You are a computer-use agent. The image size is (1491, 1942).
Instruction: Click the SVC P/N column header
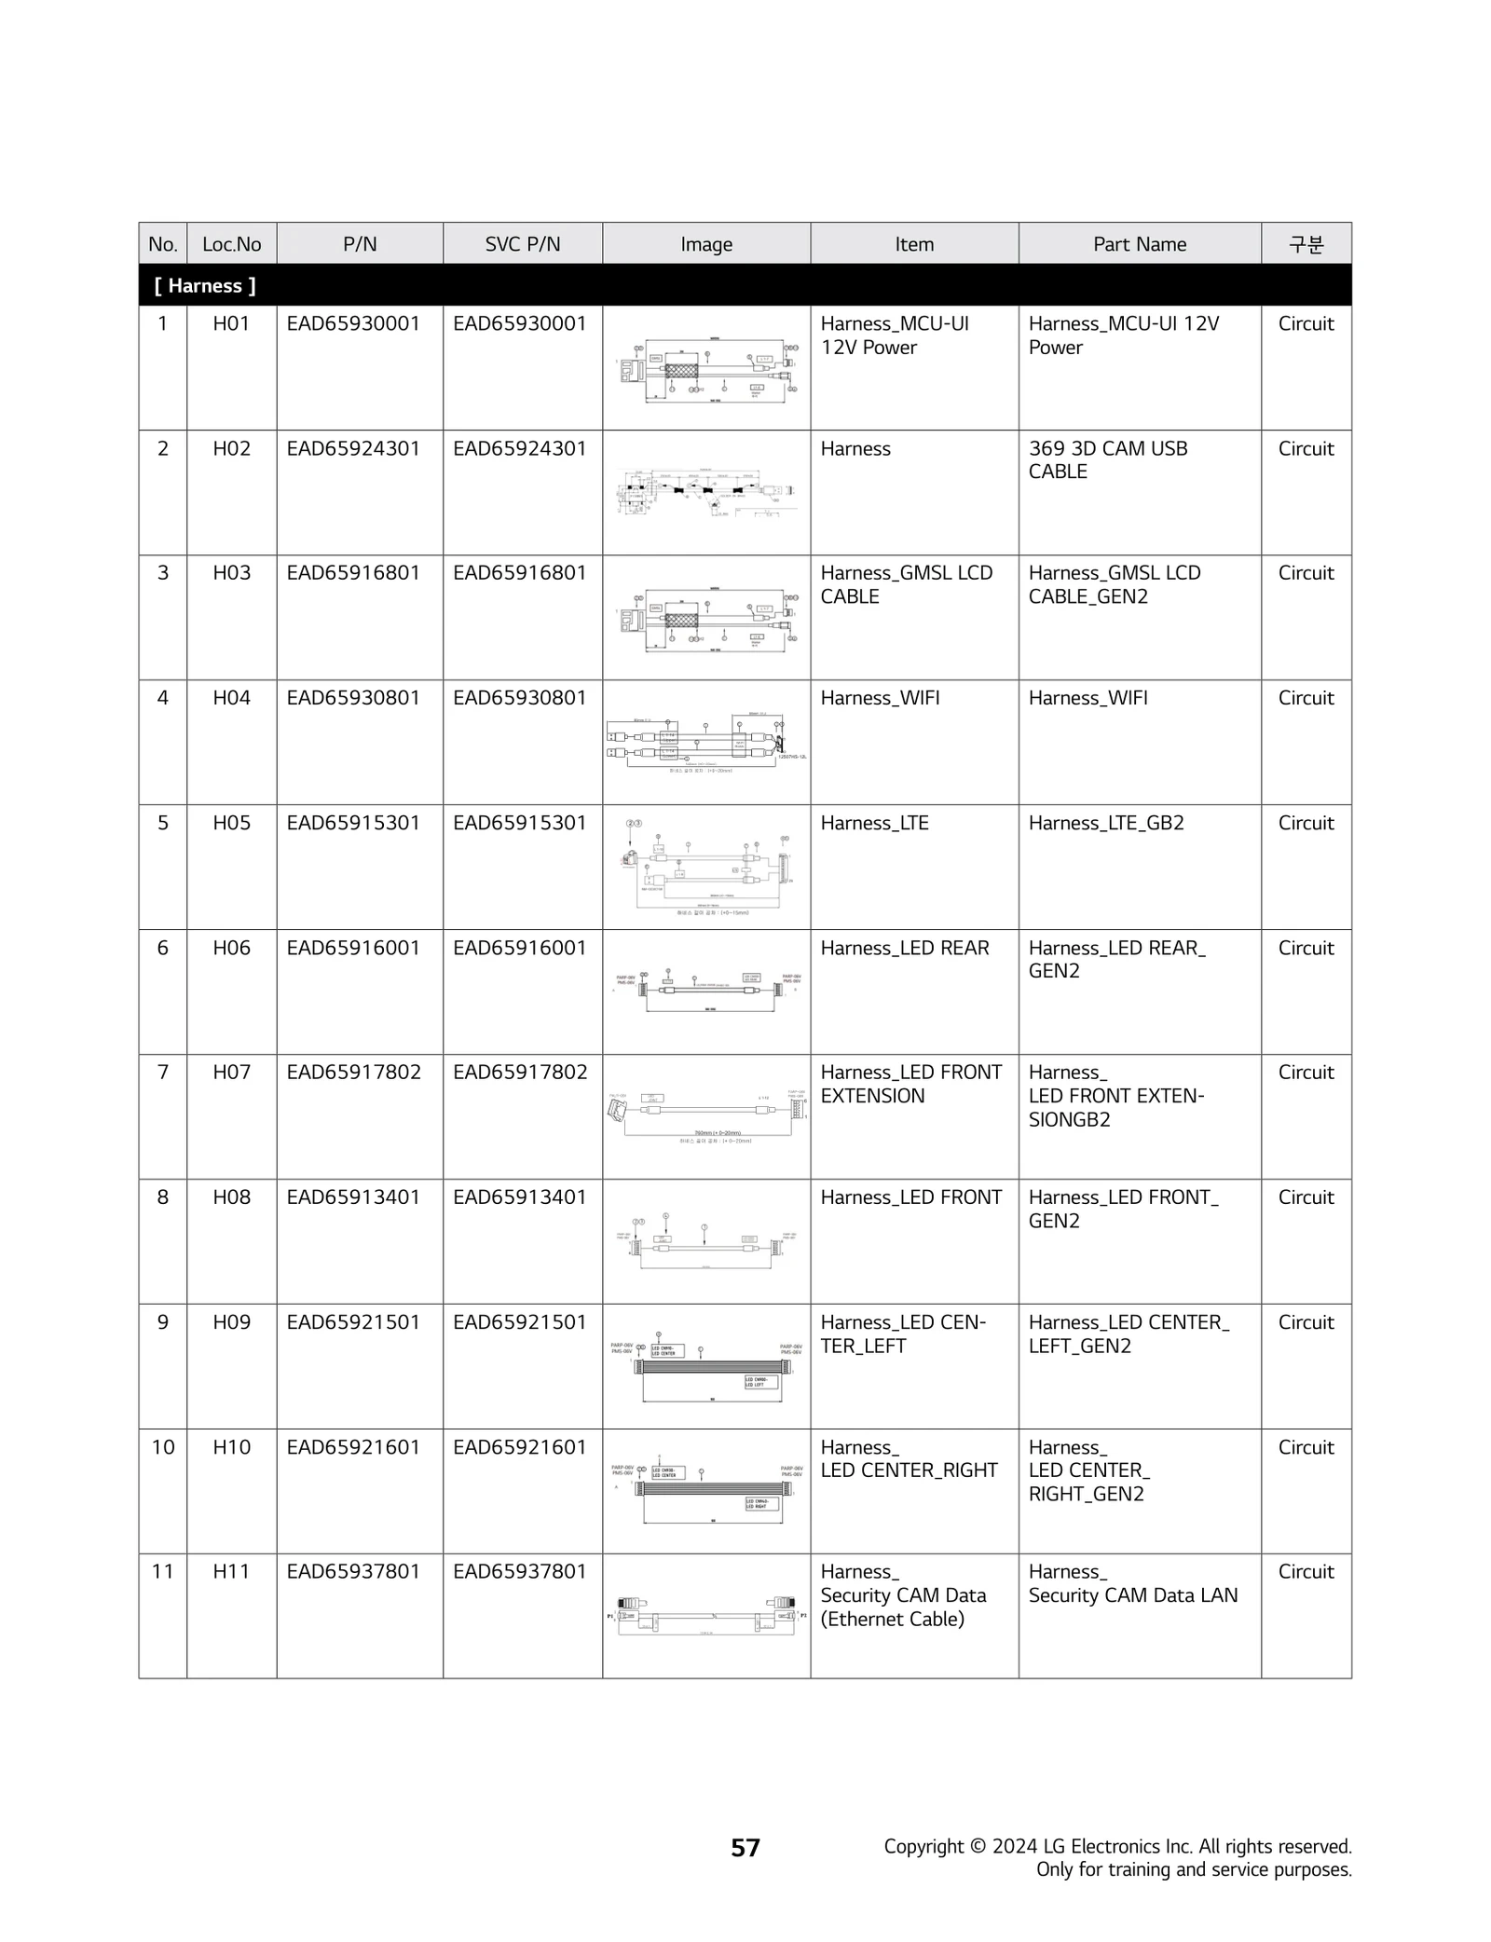(522, 244)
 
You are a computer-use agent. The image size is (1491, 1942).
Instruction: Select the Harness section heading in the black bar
(205, 286)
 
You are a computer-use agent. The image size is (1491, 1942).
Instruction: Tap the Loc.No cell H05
(231, 823)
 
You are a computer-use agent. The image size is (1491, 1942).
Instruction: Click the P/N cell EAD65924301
(353, 448)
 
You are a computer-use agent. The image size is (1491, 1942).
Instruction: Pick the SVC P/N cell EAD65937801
(519, 1571)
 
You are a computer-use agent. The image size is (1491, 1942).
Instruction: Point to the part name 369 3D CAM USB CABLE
(1107, 459)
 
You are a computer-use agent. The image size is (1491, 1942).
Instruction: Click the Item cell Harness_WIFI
(879, 698)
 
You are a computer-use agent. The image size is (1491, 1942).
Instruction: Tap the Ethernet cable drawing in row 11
(705, 1615)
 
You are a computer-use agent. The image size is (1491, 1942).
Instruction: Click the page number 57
(745, 1847)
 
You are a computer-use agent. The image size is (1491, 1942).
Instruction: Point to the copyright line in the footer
(1116, 1846)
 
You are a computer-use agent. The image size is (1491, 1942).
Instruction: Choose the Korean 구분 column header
(1305, 244)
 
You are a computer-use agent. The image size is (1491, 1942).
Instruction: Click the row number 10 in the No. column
(163, 1447)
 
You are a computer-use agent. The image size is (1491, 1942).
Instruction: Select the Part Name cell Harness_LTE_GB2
(1105, 823)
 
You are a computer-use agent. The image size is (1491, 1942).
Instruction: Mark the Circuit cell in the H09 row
(1305, 1322)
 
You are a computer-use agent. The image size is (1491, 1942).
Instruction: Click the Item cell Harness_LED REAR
(904, 948)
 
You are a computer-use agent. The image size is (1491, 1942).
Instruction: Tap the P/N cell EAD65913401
(353, 1197)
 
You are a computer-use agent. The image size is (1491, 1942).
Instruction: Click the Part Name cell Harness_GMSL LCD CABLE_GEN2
(1114, 584)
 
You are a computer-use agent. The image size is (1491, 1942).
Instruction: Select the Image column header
(705, 244)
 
